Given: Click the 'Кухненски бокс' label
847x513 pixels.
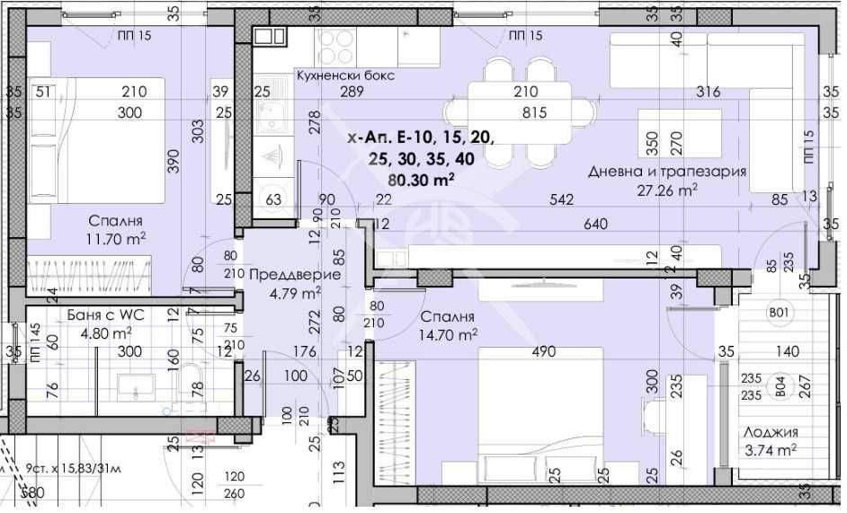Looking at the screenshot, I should coord(345,76).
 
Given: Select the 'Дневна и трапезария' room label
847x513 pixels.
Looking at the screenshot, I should coord(667,172).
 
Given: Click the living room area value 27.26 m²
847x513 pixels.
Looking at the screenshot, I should coord(667,190).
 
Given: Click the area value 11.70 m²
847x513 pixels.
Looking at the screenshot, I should coord(117,238).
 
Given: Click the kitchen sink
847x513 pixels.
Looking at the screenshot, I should coord(269,116).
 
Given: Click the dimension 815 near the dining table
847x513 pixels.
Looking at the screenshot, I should coord(534,113).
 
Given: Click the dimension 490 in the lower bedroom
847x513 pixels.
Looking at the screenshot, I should coord(543,351).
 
